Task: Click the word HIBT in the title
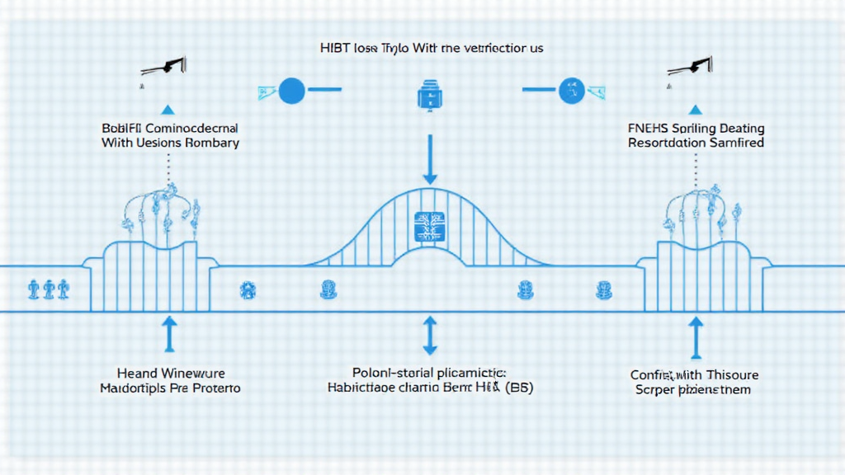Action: coord(334,49)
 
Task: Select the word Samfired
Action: coord(736,143)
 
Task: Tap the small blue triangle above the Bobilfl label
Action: coord(168,109)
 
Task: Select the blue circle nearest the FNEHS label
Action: coord(570,91)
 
